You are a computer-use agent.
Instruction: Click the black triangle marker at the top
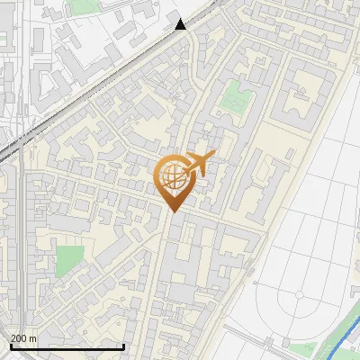pos(181,24)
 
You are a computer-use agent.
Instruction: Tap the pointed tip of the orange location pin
pos(172,211)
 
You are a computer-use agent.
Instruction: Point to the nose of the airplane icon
pos(211,157)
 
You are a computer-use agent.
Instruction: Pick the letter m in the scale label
pos(33,338)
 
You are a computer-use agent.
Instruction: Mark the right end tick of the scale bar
pos(123,346)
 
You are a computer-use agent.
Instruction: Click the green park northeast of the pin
pos(238,93)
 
